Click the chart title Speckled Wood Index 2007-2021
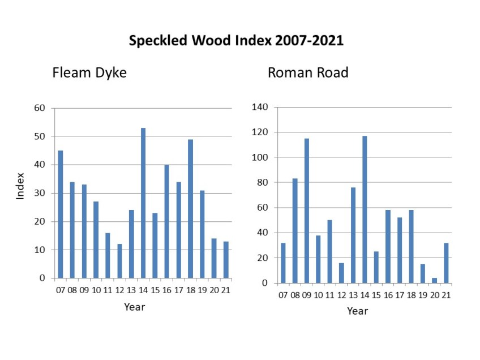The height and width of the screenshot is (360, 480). click(x=236, y=41)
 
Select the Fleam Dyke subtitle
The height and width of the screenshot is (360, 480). click(x=89, y=73)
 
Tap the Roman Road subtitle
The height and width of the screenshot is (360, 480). click(x=308, y=73)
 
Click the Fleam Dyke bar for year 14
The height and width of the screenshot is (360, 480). click(x=143, y=203)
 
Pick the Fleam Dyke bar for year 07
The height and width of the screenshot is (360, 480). click(x=61, y=215)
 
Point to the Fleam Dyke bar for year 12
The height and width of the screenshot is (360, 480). click(x=119, y=261)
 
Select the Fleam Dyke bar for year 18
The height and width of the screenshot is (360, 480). click(x=190, y=209)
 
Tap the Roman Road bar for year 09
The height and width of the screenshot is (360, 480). click(x=306, y=211)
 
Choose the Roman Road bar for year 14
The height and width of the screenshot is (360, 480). click(x=365, y=209)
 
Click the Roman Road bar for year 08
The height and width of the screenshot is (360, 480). click(x=294, y=231)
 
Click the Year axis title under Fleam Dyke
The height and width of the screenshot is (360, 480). click(x=135, y=307)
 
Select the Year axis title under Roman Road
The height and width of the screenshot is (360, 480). click(x=357, y=311)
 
